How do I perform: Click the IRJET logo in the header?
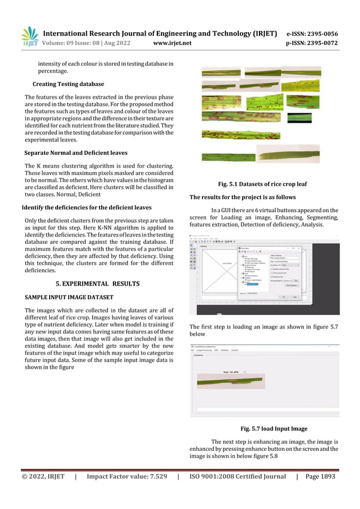(29, 36)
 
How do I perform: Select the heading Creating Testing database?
(68, 84)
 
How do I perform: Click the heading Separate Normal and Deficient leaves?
(76, 153)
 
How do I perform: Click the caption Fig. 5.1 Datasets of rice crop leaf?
(262, 184)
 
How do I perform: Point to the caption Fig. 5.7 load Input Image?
(274, 428)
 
